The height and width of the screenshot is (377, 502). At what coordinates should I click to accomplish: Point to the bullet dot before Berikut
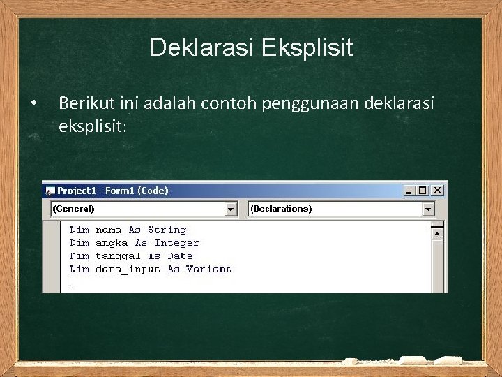pyautogui.click(x=33, y=104)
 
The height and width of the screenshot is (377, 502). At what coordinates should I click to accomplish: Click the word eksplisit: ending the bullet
pyautogui.click(x=91, y=126)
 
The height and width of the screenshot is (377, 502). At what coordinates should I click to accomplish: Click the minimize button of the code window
pyautogui.click(x=409, y=190)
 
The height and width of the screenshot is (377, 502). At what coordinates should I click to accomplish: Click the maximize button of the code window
pyautogui.click(x=423, y=190)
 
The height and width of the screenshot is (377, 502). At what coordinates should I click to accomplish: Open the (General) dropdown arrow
pyautogui.click(x=231, y=209)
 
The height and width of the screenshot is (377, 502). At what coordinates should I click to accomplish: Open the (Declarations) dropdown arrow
pyautogui.click(x=428, y=209)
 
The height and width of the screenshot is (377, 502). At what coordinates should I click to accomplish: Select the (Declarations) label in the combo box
pyautogui.click(x=281, y=209)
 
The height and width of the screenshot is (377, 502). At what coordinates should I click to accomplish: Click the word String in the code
pyautogui.click(x=167, y=230)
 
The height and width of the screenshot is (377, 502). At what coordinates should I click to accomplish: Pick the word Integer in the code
pyautogui.click(x=176, y=243)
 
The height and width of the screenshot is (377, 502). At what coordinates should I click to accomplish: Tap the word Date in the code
pyautogui.click(x=180, y=256)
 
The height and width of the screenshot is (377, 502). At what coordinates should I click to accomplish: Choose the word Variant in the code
pyautogui.click(x=208, y=269)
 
